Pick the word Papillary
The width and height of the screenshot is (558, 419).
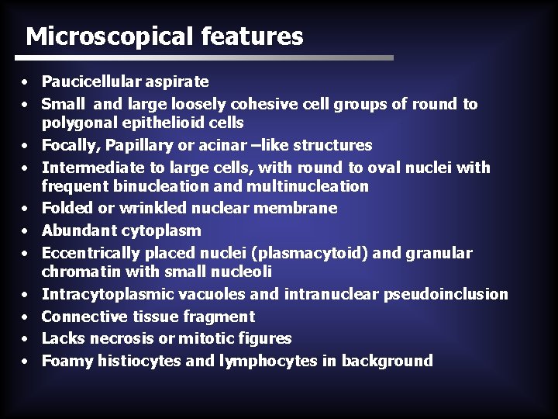point(130,145)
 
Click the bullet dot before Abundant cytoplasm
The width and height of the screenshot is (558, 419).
point(26,231)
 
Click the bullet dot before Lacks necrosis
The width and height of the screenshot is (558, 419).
point(26,339)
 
